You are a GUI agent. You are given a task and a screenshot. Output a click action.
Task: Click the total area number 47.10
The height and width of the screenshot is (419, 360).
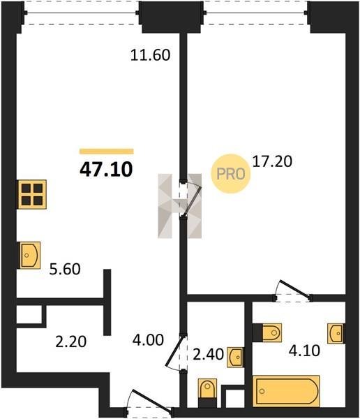106,170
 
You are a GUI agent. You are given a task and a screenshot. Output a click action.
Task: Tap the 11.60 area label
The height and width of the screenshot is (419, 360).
151,55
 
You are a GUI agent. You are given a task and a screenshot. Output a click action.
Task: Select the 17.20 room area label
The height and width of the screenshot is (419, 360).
272,161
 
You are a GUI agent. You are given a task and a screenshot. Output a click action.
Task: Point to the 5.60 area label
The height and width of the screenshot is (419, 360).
65,269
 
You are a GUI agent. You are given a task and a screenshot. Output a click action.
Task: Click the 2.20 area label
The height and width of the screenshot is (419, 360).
70,341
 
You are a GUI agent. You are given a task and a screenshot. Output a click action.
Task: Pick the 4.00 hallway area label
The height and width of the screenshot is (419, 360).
148,340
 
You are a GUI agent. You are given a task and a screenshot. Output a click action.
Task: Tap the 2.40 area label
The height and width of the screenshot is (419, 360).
208,355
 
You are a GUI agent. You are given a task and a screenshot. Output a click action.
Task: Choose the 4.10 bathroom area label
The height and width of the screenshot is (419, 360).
304,351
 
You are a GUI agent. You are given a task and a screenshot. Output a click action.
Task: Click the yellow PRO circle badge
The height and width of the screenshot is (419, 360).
231,174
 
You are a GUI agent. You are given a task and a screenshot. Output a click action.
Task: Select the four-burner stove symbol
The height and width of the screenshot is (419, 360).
32,194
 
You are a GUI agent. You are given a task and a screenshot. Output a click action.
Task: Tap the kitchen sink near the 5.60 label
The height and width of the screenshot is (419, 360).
29,255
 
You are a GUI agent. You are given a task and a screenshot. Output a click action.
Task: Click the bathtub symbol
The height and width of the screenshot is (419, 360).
286,391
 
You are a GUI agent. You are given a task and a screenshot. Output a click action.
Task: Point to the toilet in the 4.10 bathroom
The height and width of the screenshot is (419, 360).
267,332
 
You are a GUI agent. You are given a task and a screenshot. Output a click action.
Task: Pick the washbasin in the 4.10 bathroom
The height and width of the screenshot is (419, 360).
336,334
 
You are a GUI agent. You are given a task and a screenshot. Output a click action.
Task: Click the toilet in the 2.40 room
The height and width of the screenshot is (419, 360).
207,392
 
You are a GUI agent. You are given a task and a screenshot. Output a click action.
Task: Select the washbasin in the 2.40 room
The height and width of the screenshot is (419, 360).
236,357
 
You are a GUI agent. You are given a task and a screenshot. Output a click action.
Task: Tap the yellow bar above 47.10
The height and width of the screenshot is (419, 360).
107,152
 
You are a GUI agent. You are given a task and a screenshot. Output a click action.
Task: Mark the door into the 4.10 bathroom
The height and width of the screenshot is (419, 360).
293,291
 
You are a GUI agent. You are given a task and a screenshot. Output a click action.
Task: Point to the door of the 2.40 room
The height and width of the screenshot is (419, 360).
175,353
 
